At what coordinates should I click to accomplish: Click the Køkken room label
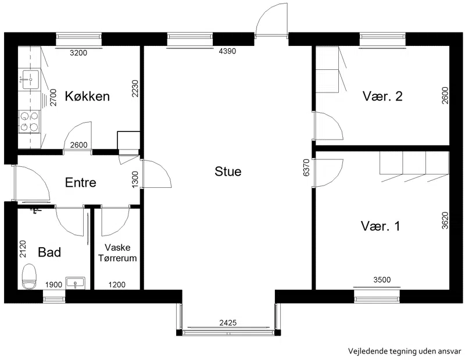(x=87, y=96)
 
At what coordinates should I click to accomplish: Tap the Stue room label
(x=228, y=172)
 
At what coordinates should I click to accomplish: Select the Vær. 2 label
(x=382, y=96)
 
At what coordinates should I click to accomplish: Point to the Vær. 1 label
(x=381, y=226)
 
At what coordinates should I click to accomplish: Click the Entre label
(x=80, y=183)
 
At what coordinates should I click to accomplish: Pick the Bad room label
(x=49, y=252)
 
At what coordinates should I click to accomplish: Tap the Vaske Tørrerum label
(x=117, y=253)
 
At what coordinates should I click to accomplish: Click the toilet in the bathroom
(x=29, y=276)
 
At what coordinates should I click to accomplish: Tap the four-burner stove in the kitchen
(x=29, y=122)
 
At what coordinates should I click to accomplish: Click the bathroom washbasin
(x=76, y=283)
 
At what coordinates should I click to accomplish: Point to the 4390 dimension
(x=227, y=51)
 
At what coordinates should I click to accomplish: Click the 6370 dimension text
(x=306, y=167)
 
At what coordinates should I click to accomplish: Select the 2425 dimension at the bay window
(x=228, y=322)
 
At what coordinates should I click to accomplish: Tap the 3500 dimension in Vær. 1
(x=382, y=280)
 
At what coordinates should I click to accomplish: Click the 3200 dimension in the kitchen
(x=78, y=53)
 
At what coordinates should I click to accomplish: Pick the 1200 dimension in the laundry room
(x=117, y=285)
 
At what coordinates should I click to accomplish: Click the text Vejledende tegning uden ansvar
(x=405, y=351)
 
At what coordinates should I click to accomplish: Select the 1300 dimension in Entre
(x=135, y=179)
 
